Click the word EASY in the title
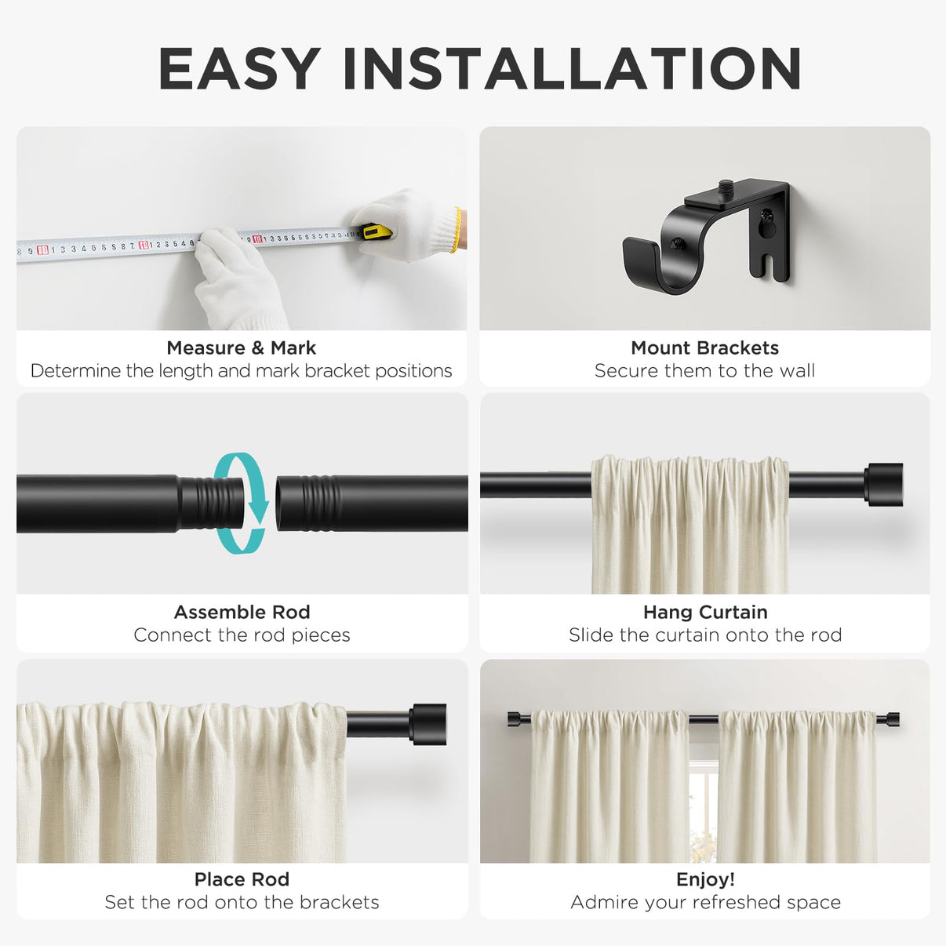[x=239, y=68]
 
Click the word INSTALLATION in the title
[x=573, y=68]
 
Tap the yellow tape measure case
[x=377, y=231]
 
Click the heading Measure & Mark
[x=241, y=348]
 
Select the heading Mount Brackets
[x=704, y=348]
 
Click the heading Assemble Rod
[x=242, y=612]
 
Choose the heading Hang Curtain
[x=705, y=612]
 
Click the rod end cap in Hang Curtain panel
[x=883, y=484]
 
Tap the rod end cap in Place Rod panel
[x=428, y=724]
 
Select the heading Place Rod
[x=242, y=879]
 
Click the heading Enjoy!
[x=705, y=879]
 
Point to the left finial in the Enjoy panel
[x=514, y=719]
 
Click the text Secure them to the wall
[x=704, y=371]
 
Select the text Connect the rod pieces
[x=242, y=635]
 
